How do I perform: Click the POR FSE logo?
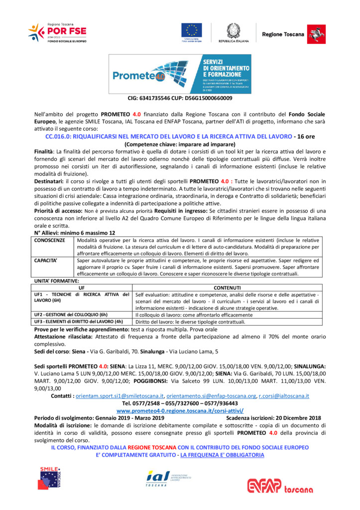57,33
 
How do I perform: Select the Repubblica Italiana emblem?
233,31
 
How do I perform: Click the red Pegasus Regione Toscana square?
313,33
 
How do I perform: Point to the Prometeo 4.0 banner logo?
180,74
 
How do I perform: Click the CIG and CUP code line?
180,98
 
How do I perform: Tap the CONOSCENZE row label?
49,240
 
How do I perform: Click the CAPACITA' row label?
46,260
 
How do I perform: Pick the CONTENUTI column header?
227,288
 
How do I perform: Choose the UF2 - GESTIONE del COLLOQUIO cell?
71,315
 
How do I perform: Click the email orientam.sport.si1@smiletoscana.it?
119,396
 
